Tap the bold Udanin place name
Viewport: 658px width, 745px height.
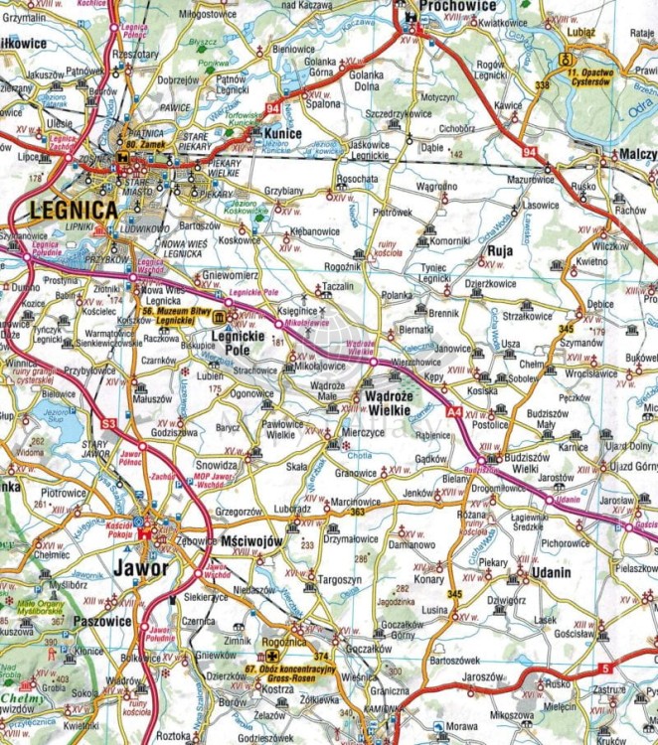pos(551,573)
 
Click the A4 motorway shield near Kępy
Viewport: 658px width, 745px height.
pos(452,410)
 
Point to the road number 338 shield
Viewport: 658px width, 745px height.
pos(542,86)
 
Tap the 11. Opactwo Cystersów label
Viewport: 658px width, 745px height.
pos(590,78)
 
